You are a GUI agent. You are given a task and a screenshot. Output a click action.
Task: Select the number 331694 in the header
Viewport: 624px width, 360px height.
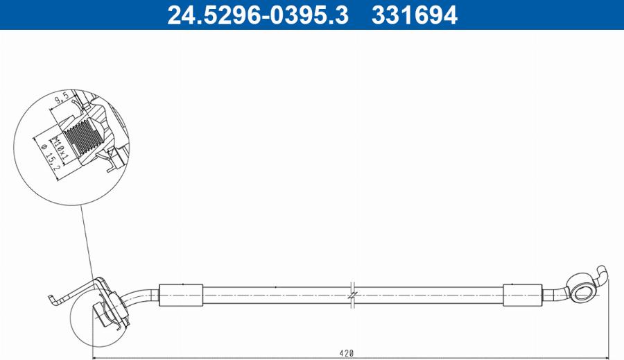click(x=415, y=15)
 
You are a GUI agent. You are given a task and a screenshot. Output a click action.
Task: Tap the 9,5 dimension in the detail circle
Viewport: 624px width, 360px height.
click(x=61, y=101)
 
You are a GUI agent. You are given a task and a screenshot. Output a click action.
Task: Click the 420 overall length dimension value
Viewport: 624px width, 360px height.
click(x=347, y=353)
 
